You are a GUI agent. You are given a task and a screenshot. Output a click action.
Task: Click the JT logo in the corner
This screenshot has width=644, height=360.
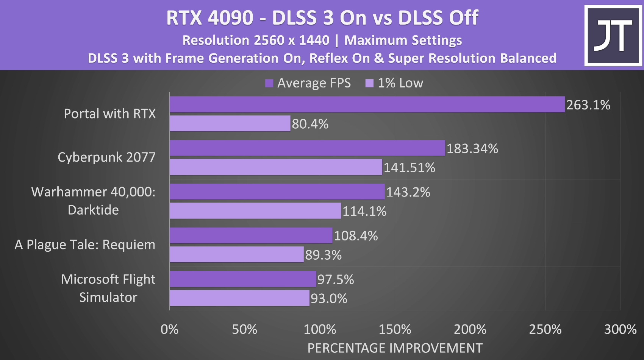tap(613, 36)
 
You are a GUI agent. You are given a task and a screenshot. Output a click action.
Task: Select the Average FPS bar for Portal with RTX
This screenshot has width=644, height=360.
tap(367, 104)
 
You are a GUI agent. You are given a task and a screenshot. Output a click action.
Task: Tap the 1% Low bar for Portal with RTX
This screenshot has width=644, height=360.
tap(230, 123)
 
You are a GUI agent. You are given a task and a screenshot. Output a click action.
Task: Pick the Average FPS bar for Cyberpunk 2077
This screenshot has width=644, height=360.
tap(307, 148)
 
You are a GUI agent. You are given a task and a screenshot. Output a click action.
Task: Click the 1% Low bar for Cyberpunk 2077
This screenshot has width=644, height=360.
tap(276, 167)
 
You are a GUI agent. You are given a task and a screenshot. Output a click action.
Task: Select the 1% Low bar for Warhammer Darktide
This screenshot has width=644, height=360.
tap(255, 211)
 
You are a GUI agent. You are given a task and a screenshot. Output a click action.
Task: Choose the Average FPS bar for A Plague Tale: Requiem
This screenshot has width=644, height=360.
tap(251, 235)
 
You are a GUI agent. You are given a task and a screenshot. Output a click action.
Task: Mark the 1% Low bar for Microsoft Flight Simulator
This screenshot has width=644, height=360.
tap(239, 298)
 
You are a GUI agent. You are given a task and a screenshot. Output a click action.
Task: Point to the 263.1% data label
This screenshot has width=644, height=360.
tap(588, 105)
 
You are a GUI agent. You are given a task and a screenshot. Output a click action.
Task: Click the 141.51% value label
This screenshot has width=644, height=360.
tap(409, 167)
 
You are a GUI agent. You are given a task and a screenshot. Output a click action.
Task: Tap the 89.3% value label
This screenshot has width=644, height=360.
tap(323, 255)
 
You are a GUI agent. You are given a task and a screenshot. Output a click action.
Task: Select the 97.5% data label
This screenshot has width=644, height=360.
tap(335, 279)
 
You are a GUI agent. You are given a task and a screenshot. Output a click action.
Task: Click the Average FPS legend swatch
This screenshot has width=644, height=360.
tap(269, 83)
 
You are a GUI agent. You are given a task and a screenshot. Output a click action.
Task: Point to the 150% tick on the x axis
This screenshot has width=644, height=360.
tap(395, 329)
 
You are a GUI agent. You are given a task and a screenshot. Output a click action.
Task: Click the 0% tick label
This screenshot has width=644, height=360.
tap(169, 329)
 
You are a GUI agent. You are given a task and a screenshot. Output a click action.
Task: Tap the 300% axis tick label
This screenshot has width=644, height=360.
tap(620, 329)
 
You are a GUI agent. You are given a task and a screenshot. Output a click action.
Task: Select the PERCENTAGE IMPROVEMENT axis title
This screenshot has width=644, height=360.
tap(395, 348)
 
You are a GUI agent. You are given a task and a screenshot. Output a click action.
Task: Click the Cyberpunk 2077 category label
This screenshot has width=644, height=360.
tap(106, 157)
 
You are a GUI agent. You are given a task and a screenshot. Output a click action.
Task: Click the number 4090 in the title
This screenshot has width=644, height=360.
tap(230, 18)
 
